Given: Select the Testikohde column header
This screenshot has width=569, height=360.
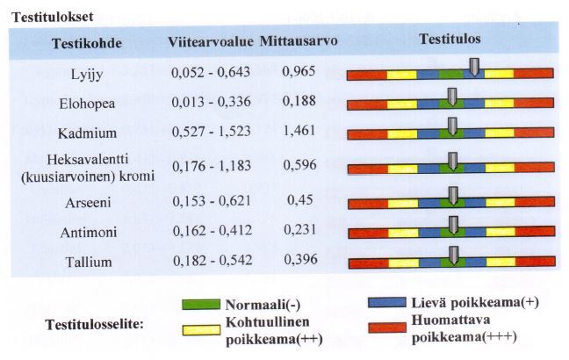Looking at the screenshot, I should pos(87,43).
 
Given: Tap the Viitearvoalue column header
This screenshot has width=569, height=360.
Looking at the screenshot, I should pos(210,41).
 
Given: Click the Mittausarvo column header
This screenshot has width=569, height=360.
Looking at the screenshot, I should pos(300,41).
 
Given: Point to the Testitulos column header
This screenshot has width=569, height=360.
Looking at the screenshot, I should pos(450,40).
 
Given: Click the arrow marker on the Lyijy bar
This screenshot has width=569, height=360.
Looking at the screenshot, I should pos(474,68).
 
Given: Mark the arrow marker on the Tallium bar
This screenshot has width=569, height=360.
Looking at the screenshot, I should pos(452,256).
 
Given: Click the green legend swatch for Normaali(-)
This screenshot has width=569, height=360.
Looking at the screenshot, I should pos(200,306).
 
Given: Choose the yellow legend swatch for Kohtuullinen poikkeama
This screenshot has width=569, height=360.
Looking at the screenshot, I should pos(200,329).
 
